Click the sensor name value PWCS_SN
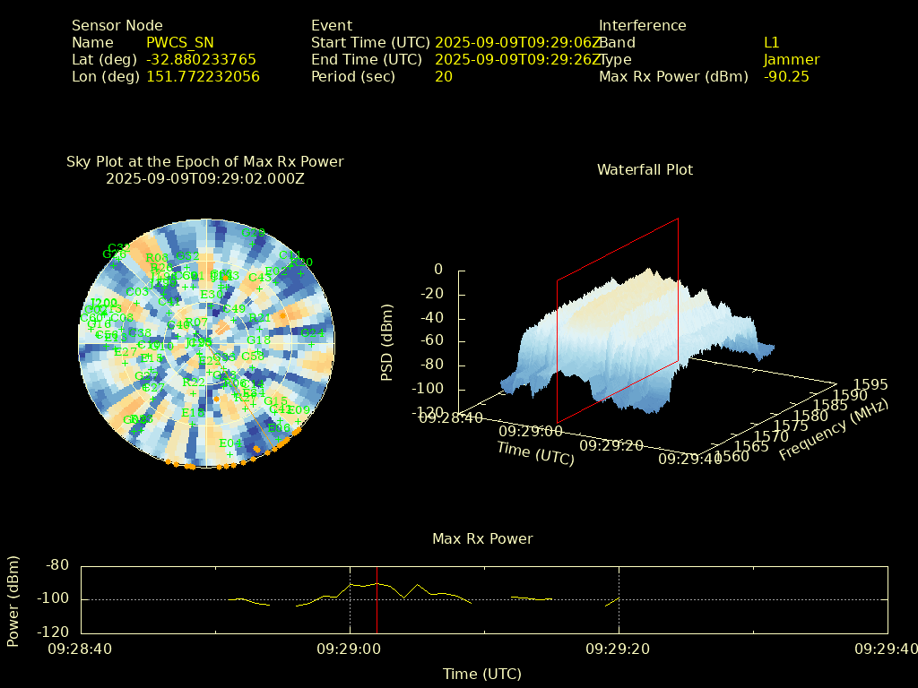click(179, 43)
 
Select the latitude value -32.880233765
click(201, 60)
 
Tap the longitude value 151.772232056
click(203, 77)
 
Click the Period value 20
click(444, 77)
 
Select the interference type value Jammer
click(792, 60)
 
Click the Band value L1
click(772, 43)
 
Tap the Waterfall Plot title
click(645, 170)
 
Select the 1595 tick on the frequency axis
click(871, 385)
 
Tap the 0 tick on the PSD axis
click(437, 270)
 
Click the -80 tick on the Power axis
click(58, 565)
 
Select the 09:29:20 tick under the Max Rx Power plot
click(619, 648)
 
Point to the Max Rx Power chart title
click(482, 539)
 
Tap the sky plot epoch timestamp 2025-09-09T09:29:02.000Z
click(205, 179)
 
